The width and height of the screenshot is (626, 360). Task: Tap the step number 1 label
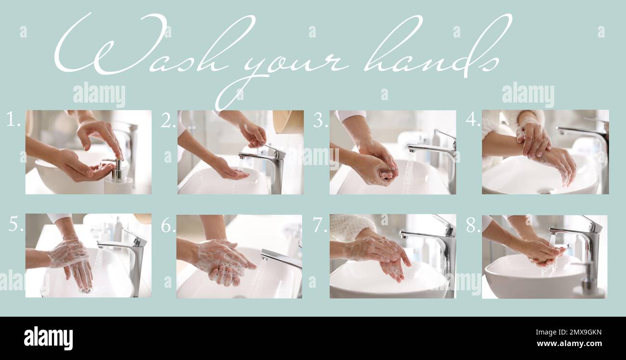[x=13, y=119]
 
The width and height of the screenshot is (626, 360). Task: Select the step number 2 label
[x=168, y=120]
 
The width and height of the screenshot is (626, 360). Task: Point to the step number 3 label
[x=320, y=120]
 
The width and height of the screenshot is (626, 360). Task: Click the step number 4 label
[x=472, y=120]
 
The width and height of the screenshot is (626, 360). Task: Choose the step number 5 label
[x=15, y=224]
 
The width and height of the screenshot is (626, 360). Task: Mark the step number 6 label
[x=168, y=225]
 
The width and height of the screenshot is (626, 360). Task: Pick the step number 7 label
[x=320, y=225]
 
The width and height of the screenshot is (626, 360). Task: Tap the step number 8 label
[x=472, y=225]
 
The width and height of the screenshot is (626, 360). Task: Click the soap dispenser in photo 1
[x=117, y=179]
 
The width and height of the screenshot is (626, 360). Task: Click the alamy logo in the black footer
[x=48, y=338]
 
